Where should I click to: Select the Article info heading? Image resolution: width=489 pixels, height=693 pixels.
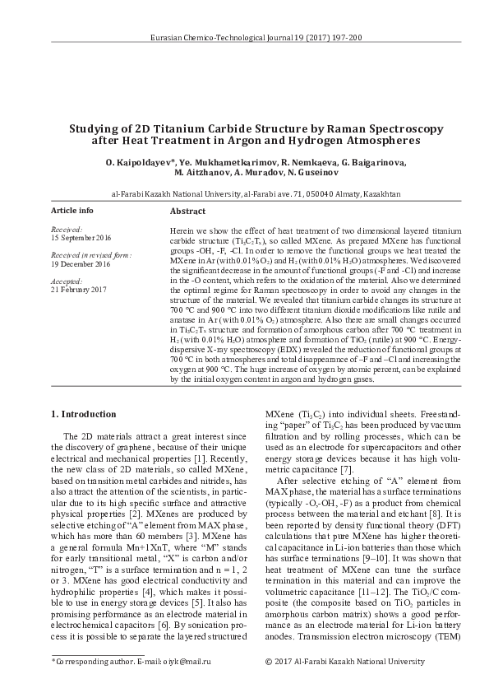point(72,211)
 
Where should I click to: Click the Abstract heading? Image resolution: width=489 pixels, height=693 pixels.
point(187,212)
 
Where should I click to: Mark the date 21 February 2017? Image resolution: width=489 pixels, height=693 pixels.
point(79,291)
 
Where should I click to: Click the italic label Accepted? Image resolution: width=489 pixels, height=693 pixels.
point(67,281)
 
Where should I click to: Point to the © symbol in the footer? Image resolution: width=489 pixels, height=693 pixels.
point(270,661)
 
